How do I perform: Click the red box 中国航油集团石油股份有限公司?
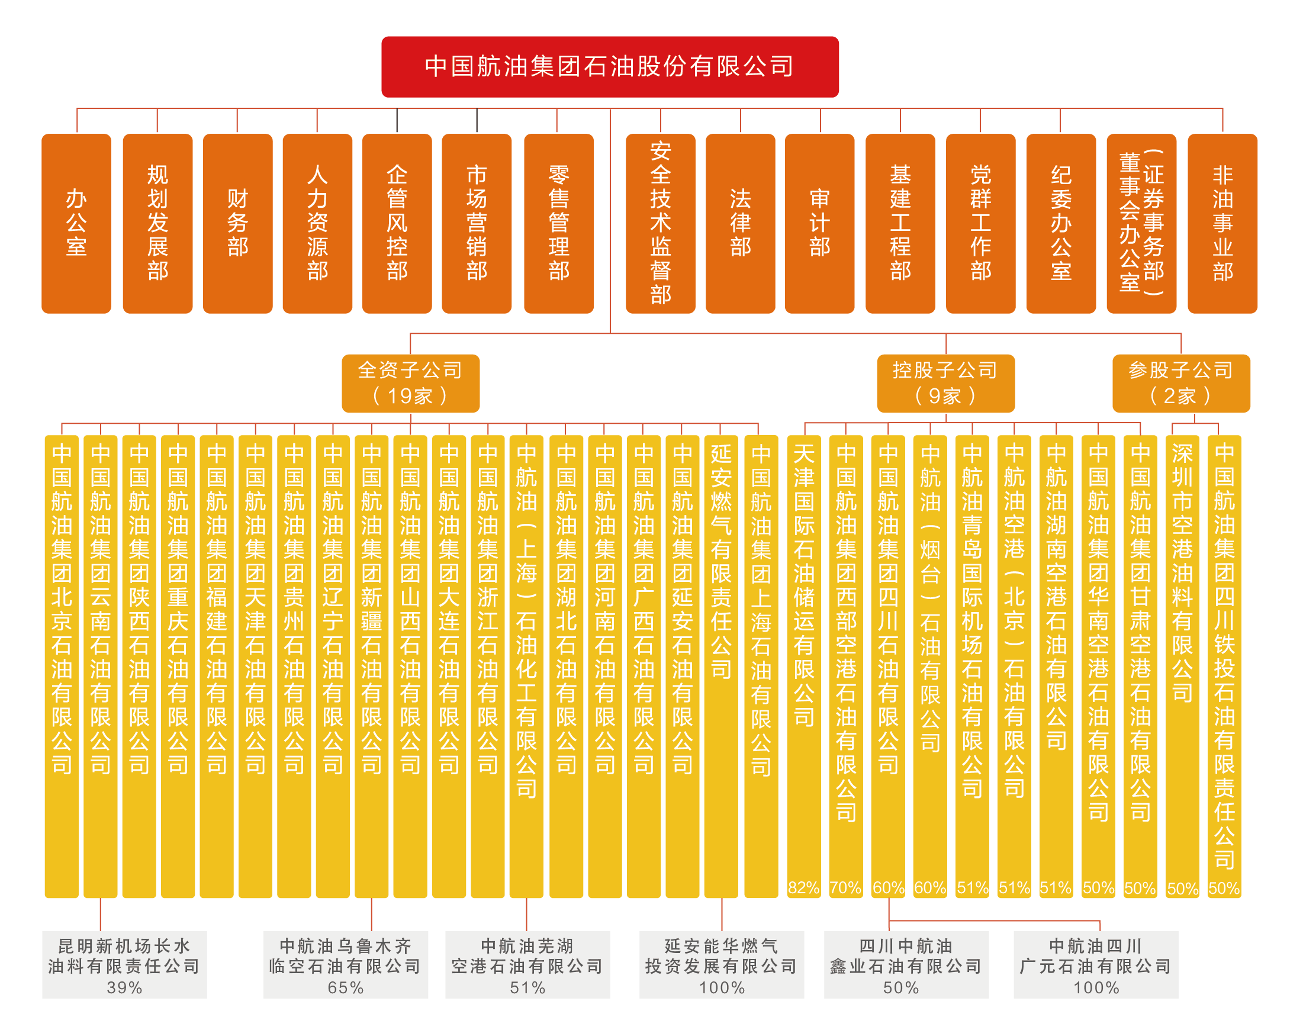click(610, 67)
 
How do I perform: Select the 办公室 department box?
click(76, 223)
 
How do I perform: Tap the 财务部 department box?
click(237, 223)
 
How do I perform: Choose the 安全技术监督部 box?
click(660, 223)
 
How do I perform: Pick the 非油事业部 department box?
click(1222, 223)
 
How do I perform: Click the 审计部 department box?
click(819, 223)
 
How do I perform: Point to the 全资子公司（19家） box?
click(411, 383)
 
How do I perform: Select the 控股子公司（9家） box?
click(945, 383)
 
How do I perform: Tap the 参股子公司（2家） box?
click(1181, 383)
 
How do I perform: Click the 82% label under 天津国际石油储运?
click(803, 887)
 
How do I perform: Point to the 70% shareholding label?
click(845, 887)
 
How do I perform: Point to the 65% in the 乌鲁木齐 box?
click(346, 987)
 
